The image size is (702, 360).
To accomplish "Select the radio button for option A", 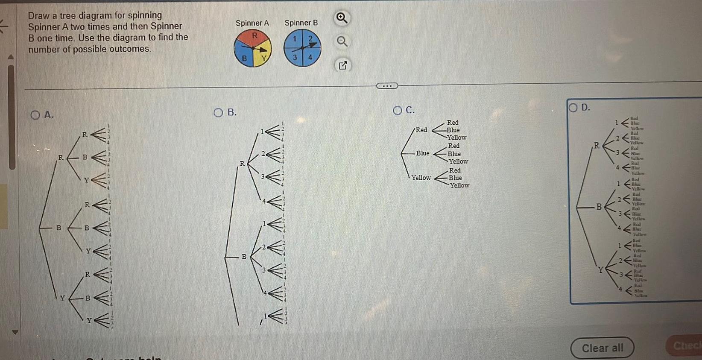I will (35, 115).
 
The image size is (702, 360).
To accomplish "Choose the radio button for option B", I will (219, 113).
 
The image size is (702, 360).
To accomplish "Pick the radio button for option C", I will (398, 111).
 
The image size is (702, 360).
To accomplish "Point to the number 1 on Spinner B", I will (294, 39).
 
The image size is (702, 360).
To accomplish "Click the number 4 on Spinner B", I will (310, 57).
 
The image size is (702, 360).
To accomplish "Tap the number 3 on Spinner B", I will (294, 57).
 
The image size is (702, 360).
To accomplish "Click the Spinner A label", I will (252, 23).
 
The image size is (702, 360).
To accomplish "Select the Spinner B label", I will (301, 23).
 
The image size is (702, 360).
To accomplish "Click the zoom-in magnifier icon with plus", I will (342, 18).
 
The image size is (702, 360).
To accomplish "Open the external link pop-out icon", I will (342, 65).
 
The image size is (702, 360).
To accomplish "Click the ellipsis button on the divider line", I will (387, 86).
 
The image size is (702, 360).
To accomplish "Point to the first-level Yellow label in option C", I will (421, 178).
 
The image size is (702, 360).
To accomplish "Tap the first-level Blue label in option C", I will (423, 153).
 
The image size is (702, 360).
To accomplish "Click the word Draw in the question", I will (38, 16).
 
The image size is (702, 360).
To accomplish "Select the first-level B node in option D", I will (599, 207).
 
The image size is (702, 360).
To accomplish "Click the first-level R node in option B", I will (242, 164).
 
